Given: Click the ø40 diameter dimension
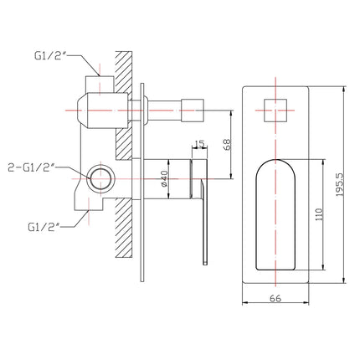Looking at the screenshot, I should click(166, 178).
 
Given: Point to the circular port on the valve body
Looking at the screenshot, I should click(100, 178).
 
